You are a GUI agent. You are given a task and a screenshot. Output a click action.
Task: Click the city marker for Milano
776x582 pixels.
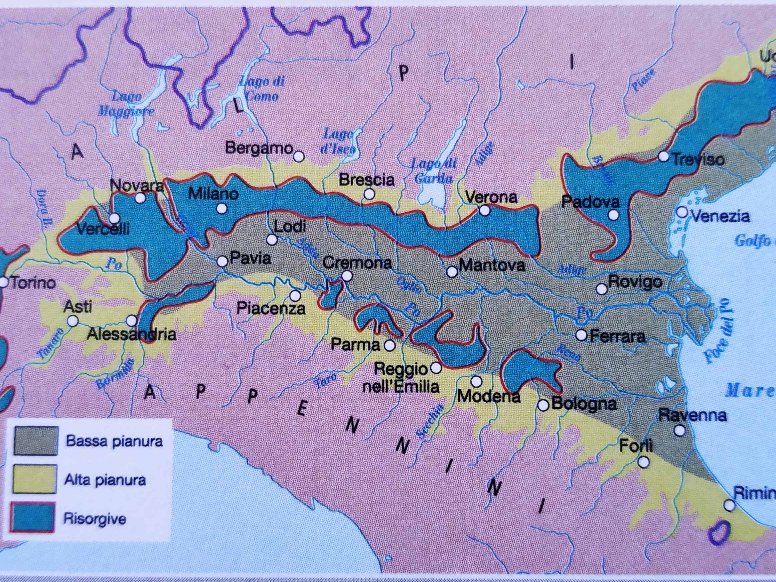click(221, 209)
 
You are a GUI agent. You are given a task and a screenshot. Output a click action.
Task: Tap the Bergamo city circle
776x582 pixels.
click(299, 156)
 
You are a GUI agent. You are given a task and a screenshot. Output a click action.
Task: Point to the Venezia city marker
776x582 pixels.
click(682, 212)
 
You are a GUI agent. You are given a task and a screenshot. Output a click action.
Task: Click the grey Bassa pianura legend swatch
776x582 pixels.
click(36, 441)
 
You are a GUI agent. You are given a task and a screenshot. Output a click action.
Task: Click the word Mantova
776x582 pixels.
click(492, 265)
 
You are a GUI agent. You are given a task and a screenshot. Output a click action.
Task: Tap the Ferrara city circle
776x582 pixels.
click(581, 335)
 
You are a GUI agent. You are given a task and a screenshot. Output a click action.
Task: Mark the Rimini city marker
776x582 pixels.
click(730, 505)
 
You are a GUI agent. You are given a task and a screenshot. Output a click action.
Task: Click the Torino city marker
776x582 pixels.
click(4, 282)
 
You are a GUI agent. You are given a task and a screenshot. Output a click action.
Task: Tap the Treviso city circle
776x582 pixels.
click(663, 156)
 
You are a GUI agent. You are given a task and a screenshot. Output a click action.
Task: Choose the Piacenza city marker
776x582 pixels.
click(295, 296)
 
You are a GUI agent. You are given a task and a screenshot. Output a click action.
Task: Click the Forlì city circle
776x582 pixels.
click(643, 462)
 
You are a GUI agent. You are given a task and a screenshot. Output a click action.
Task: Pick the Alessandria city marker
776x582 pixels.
click(132, 320)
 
